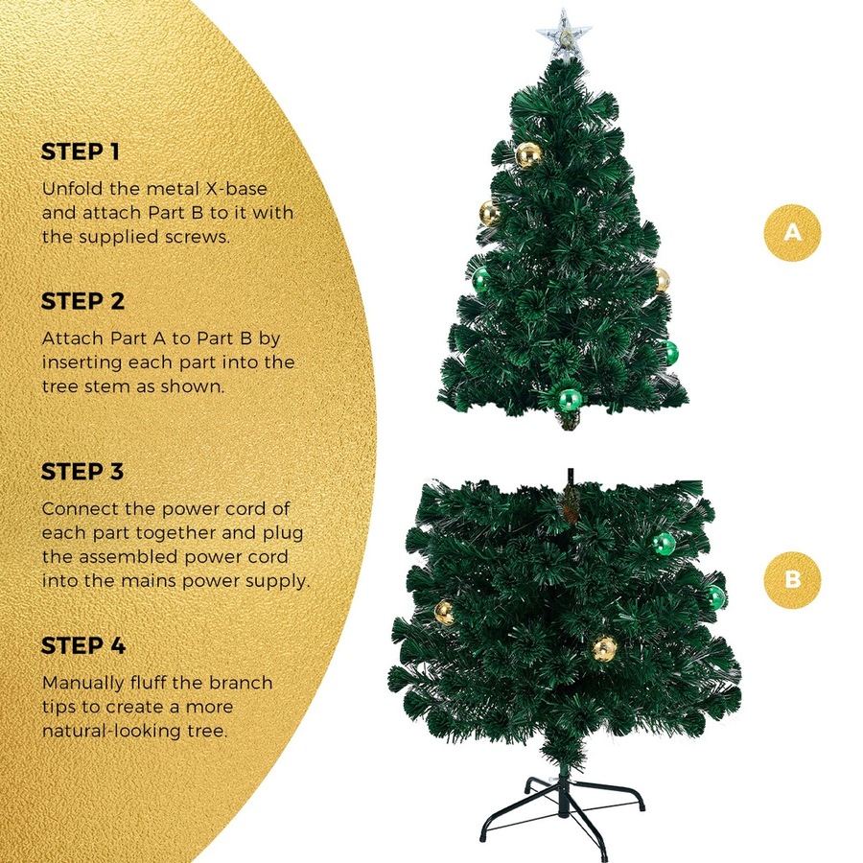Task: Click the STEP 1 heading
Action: (82, 152)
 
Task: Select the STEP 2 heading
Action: (83, 302)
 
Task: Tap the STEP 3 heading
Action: (83, 472)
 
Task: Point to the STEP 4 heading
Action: (83, 646)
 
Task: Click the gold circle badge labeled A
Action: (792, 231)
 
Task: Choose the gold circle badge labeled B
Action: (792, 580)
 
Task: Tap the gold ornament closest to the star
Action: (527, 154)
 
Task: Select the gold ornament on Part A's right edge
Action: (661, 279)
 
